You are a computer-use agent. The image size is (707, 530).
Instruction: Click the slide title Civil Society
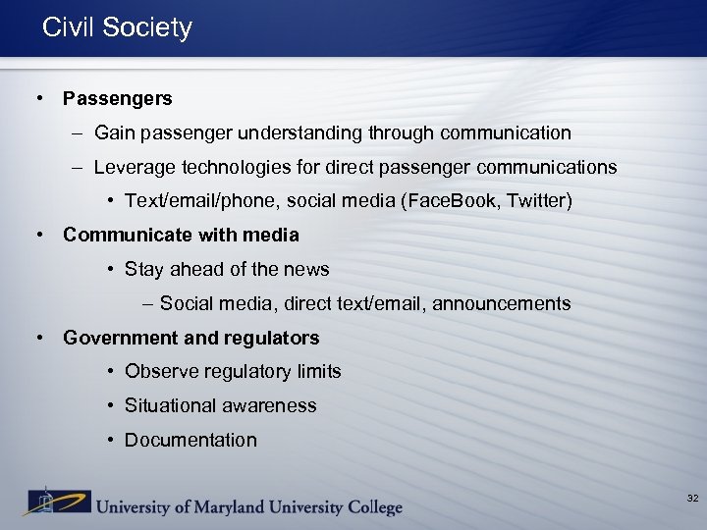(x=117, y=27)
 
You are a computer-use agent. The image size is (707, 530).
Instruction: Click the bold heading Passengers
(x=117, y=98)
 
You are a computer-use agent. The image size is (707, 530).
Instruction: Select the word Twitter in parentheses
(x=537, y=201)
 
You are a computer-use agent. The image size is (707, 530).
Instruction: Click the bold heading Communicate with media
(x=181, y=235)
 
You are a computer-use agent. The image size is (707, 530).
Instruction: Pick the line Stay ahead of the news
(x=227, y=269)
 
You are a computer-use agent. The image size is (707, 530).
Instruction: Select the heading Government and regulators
(x=190, y=338)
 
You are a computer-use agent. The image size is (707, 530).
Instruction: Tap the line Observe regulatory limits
(x=233, y=371)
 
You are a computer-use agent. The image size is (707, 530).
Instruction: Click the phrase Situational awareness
(x=220, y=405)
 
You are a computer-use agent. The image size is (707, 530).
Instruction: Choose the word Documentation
(x=190, y=440)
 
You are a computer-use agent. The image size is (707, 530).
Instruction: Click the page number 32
(x=692, y=499)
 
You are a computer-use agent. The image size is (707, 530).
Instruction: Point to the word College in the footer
(x=369, y=507)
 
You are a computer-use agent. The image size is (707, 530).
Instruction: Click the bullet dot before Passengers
(x=37, y=98)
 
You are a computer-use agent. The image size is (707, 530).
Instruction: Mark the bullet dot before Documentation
(x=112, y=440)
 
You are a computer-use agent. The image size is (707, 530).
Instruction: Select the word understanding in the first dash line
(x=304, y=132)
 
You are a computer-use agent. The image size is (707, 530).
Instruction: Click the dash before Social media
(x=147, y=303)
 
